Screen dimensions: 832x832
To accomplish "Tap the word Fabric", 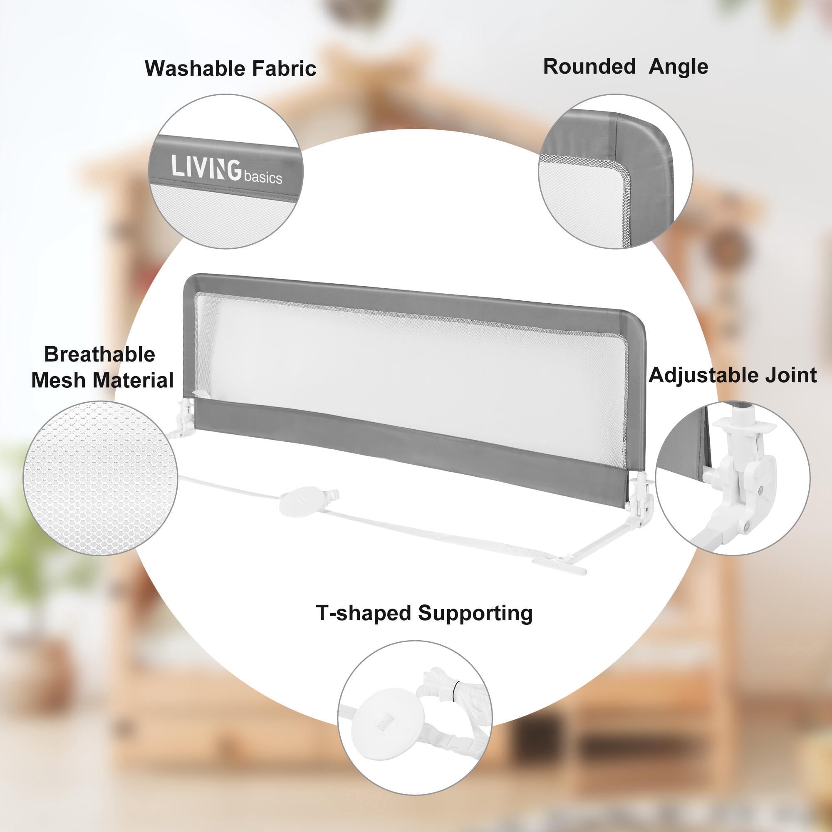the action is coord(284,69).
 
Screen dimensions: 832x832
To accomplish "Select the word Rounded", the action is coord(589,67).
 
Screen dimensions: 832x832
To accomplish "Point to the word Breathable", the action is coord(99,354).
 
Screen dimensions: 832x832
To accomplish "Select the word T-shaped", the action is coord(364,613).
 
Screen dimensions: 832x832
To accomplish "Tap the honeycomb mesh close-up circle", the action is coord(100,478).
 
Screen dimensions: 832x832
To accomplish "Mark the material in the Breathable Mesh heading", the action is coord(133,380).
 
